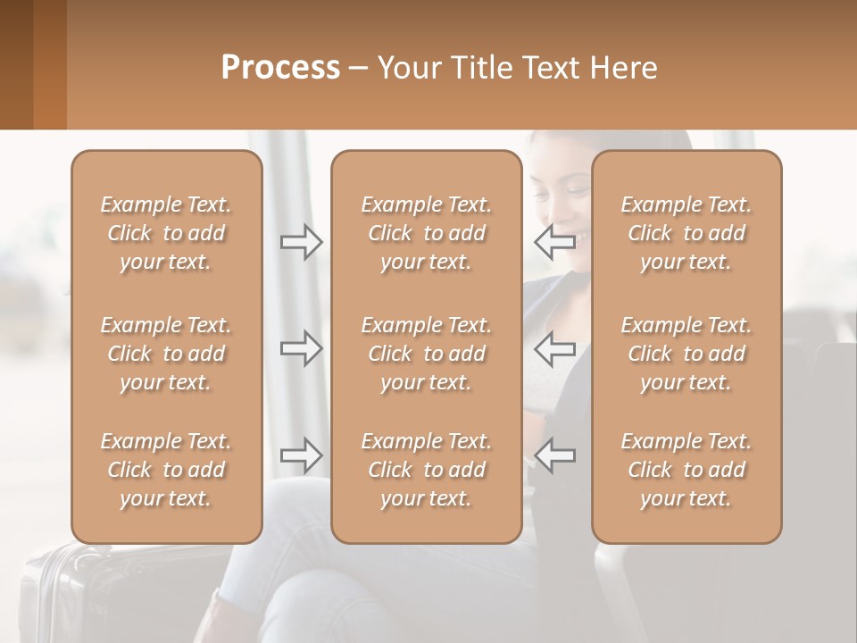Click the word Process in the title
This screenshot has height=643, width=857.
click(280, 67)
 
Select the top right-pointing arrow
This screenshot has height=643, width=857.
click(301, 241)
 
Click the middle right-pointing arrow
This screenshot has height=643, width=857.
click(301, 348)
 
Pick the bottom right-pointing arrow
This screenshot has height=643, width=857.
click(301, 455)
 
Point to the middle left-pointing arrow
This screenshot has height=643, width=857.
click(555, 348)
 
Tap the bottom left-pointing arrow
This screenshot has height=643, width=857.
click(555, 455)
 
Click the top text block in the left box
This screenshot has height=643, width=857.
click(166, 233)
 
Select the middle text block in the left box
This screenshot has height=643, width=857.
click(166, 354)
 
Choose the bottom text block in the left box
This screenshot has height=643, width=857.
click(166, 470)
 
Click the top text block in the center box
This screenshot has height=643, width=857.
click(427, 233)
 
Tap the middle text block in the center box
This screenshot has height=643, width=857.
click(427, 354)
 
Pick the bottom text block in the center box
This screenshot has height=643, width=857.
click(427, 470)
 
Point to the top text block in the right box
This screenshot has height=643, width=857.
click(686, 233)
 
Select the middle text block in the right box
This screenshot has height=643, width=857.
click(686, 354)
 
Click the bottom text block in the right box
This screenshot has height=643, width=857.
click(686, 470)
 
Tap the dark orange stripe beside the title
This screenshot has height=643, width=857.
click(50, 64)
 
